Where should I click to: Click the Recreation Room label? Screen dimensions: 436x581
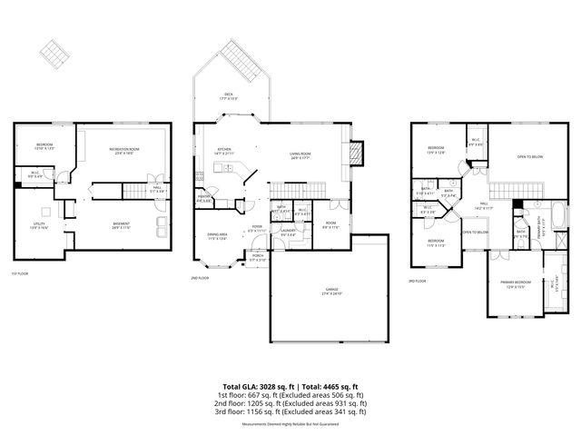pos(123,152)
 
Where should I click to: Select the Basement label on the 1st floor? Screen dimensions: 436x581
pos(121,224)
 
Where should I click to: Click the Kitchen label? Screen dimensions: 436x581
pos(224,152)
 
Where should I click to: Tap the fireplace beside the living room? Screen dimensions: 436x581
pos(357,150)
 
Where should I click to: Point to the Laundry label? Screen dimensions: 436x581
pos(289,232)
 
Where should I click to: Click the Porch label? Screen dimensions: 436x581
pos(258,258)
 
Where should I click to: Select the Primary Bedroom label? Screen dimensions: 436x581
pos(514,284)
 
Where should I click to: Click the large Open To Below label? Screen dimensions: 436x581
pos(529,157)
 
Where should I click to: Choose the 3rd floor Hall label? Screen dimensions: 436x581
pos(484,204)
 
